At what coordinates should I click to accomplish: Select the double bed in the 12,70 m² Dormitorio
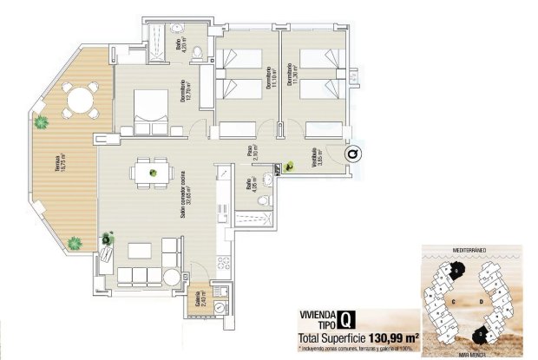coord(150,110)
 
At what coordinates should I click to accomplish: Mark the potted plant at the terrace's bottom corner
coord(75,244)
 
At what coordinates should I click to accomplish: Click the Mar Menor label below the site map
coord(466,353)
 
